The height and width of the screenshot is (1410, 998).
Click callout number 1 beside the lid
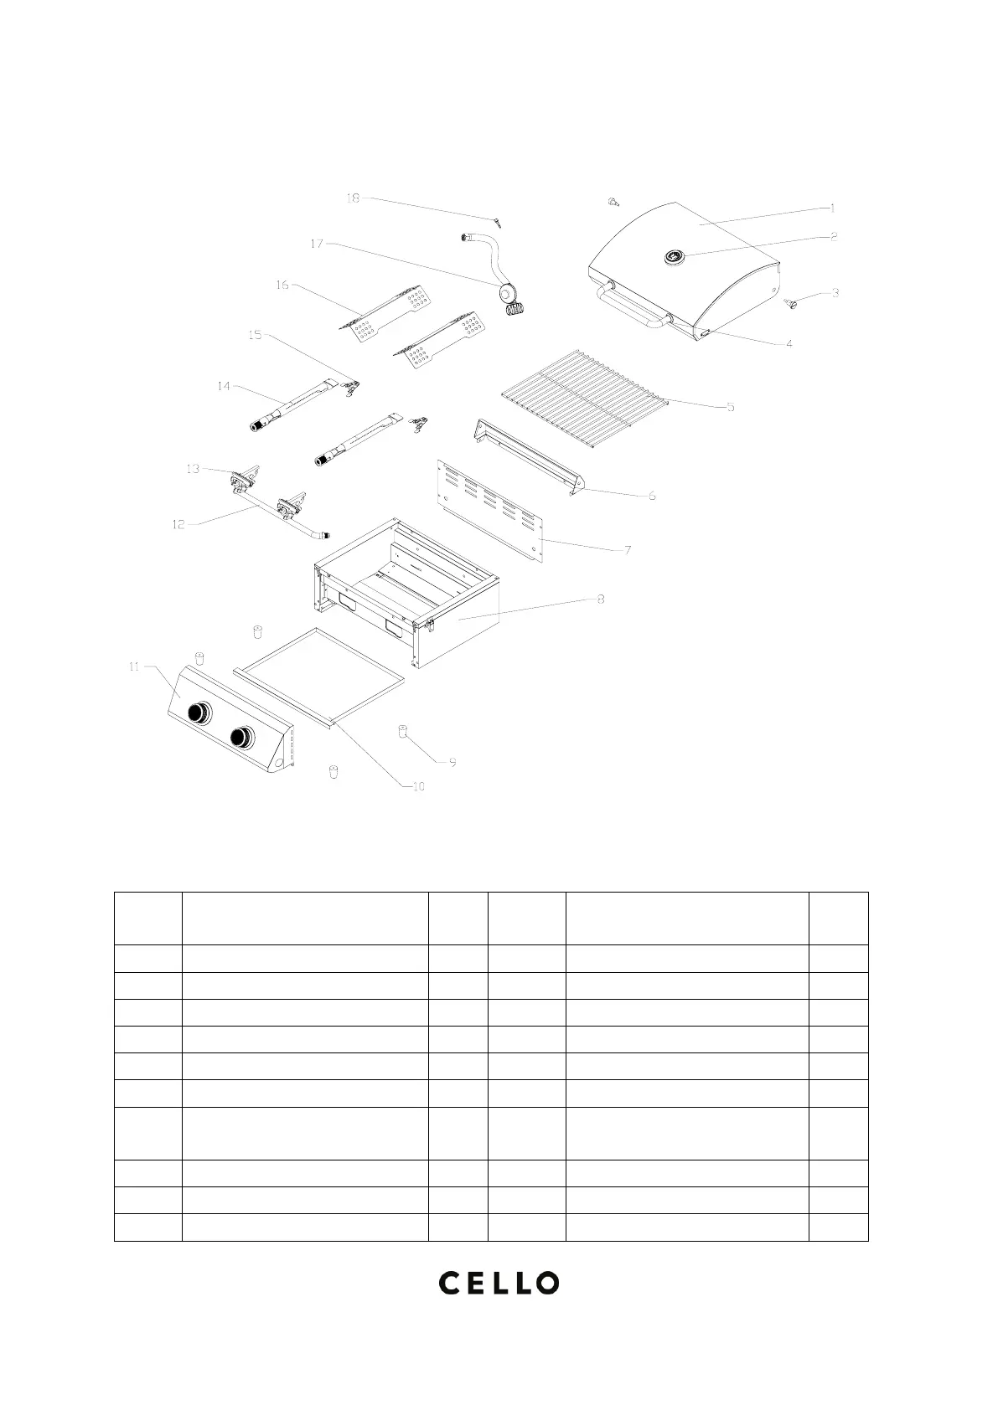[832, 208]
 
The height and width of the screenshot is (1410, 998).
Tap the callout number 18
[353, 198]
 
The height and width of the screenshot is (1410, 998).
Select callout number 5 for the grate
[731, 407]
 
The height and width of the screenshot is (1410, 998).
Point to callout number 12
[178, 525]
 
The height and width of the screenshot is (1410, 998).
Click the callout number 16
[282, 286]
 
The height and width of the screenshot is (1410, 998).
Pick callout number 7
[627, 550]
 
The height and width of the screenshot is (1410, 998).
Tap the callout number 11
[134, 666]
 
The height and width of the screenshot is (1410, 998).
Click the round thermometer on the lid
[673, 257]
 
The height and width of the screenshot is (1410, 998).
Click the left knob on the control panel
[199, 713]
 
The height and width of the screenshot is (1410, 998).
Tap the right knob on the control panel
[242, 737]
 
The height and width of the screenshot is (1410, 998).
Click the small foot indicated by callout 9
[402, 733]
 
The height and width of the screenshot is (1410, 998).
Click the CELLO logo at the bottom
[499, 1282]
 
